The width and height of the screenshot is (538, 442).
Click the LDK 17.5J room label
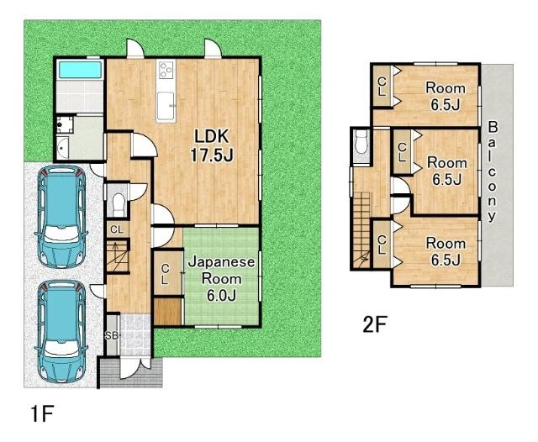click(x=212, y=145)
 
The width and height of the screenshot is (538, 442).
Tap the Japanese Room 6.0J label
click(x=221, y=279)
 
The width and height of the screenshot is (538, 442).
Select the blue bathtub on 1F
click(x=81, y=70)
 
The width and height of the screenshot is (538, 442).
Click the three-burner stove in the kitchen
click(x=166, y=71)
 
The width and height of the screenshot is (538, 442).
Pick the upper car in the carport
click(x=61, y=217)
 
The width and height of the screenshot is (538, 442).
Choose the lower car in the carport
click(x=61, y=332)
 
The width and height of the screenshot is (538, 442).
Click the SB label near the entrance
click(x=112, y=336)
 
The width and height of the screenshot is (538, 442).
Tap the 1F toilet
click(x=118, y=202)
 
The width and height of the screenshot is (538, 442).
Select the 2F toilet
click(x=361, y=144)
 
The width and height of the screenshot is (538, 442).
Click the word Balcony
click(x=492, y=171)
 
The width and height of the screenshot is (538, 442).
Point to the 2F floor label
click(x=375, y=324)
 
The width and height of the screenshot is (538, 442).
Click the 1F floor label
click(x=41, y=414)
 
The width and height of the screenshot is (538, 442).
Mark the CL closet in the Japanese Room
click(x=167, y=274)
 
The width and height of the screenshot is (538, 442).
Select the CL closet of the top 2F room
click(x=382, y=86)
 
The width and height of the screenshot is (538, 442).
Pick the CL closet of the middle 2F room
click(x=402, y=152)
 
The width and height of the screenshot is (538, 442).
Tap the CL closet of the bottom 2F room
click(x=382, y=245)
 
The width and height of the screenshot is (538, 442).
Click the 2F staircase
click(x=362, y=230)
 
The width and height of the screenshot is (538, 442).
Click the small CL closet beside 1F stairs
click(x=117, y=229)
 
